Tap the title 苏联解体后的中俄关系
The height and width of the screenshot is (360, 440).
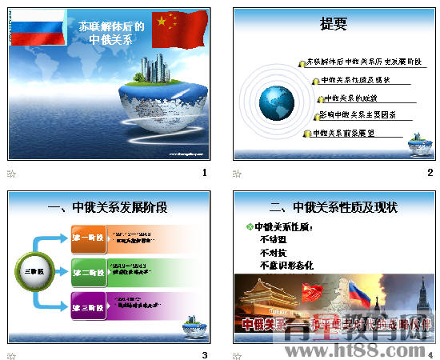point(111,32)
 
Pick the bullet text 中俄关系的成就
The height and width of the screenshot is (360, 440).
point(349,98)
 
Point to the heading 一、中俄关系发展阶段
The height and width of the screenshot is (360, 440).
point(108,208)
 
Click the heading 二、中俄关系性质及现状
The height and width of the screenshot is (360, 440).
point(334,208)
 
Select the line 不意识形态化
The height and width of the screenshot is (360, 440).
point(286,264)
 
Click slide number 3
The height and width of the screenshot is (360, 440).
point(205,355)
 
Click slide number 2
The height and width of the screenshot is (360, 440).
point(430,173)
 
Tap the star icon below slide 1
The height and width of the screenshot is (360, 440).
point(11,173)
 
